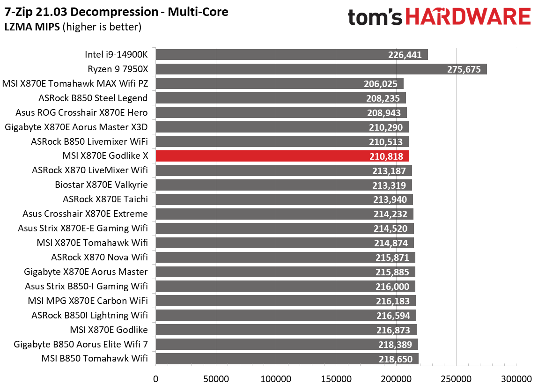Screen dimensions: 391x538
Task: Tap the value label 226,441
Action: pyautogui.click(x=405, y=55)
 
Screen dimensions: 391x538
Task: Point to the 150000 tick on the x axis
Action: pyautogui.click(x=336, y=378)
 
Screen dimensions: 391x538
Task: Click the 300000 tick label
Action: pyautogui.click(x=516, y=378)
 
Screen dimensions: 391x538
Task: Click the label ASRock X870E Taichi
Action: pyautogui.click(x=105, y=199)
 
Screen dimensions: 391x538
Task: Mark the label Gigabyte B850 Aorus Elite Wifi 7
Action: pyautogui.click(x=81, y=345)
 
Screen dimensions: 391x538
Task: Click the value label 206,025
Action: pyautogui.click(x=381, y=84)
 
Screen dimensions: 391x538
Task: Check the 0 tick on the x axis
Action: pyautogui.click(x=155, y=378)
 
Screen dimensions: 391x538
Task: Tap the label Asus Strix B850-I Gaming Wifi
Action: pyautogui.click(x=86, y=287)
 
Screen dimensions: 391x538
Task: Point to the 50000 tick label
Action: pyautogui.click(x=215, y=378)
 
